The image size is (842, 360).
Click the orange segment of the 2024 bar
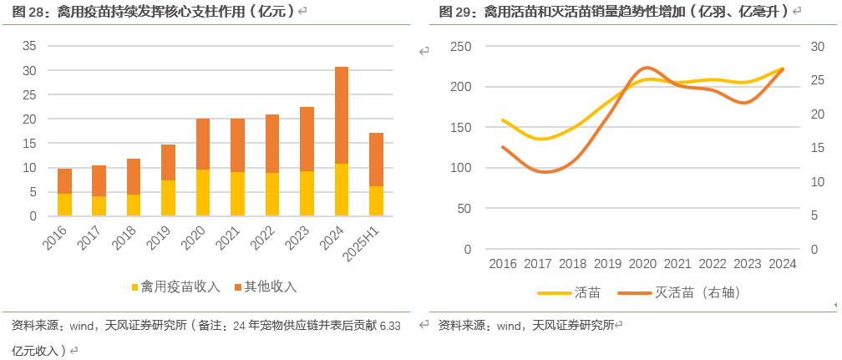pyautogui.click(x=342, y=115)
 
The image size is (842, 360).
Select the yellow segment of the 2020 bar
pyautogui.click(x=203, y=193)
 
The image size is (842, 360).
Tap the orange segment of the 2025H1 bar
pyautogui.click(x=376, y=160)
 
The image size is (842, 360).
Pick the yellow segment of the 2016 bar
pyautogui.click(x=64, y=205)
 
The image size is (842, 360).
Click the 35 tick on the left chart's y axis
pyautogui.click(x=29, y=46)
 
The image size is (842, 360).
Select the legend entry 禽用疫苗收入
pyautogui.click(x=175, y=286)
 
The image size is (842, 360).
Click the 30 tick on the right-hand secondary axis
pyautogui.click(x=818, y=46)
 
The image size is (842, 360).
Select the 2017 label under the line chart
pyautogui.click(x=538, y=264)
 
